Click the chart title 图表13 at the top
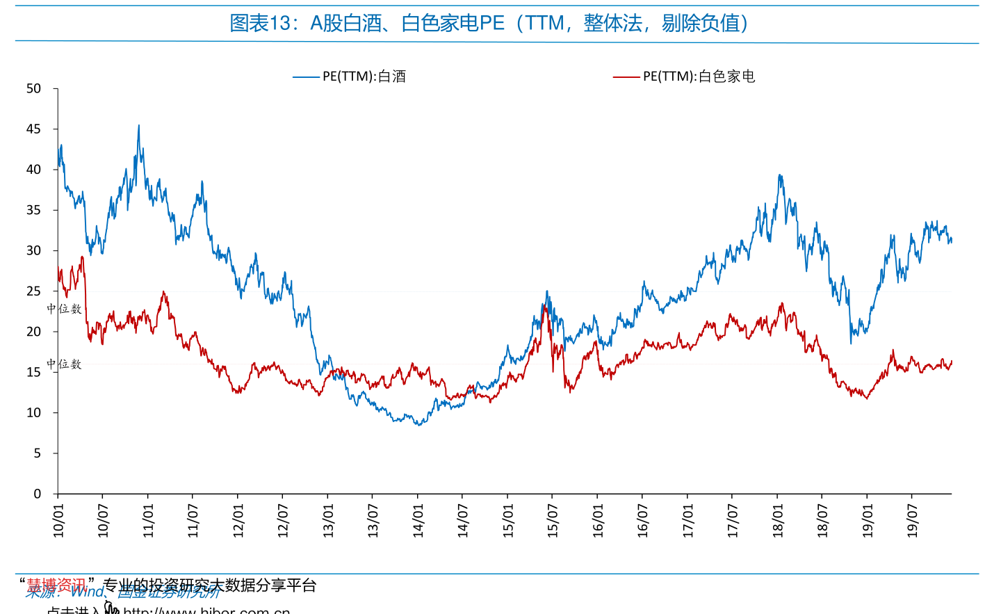tap(489, 24)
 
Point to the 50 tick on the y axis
tap(33, 89)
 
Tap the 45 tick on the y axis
tap(33, 129)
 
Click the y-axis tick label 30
tap(33, 251)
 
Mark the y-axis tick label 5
tap(37, 453)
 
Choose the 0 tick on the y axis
tap(37, 494)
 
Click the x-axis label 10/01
tap(58, 520)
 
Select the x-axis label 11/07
tap(193, 520)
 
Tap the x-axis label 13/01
tap(328, 520)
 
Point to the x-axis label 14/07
tap(463, 520)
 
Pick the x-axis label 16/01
tap(598, 520)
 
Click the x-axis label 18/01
tap(778, 520)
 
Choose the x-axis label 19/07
tap(913, 520)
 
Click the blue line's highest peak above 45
tap(139, 126)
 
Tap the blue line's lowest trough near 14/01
tap(418, 425)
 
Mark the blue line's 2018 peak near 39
tap(780, 175)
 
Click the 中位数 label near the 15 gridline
tap(64, 364)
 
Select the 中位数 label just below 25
tap(64, 309)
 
